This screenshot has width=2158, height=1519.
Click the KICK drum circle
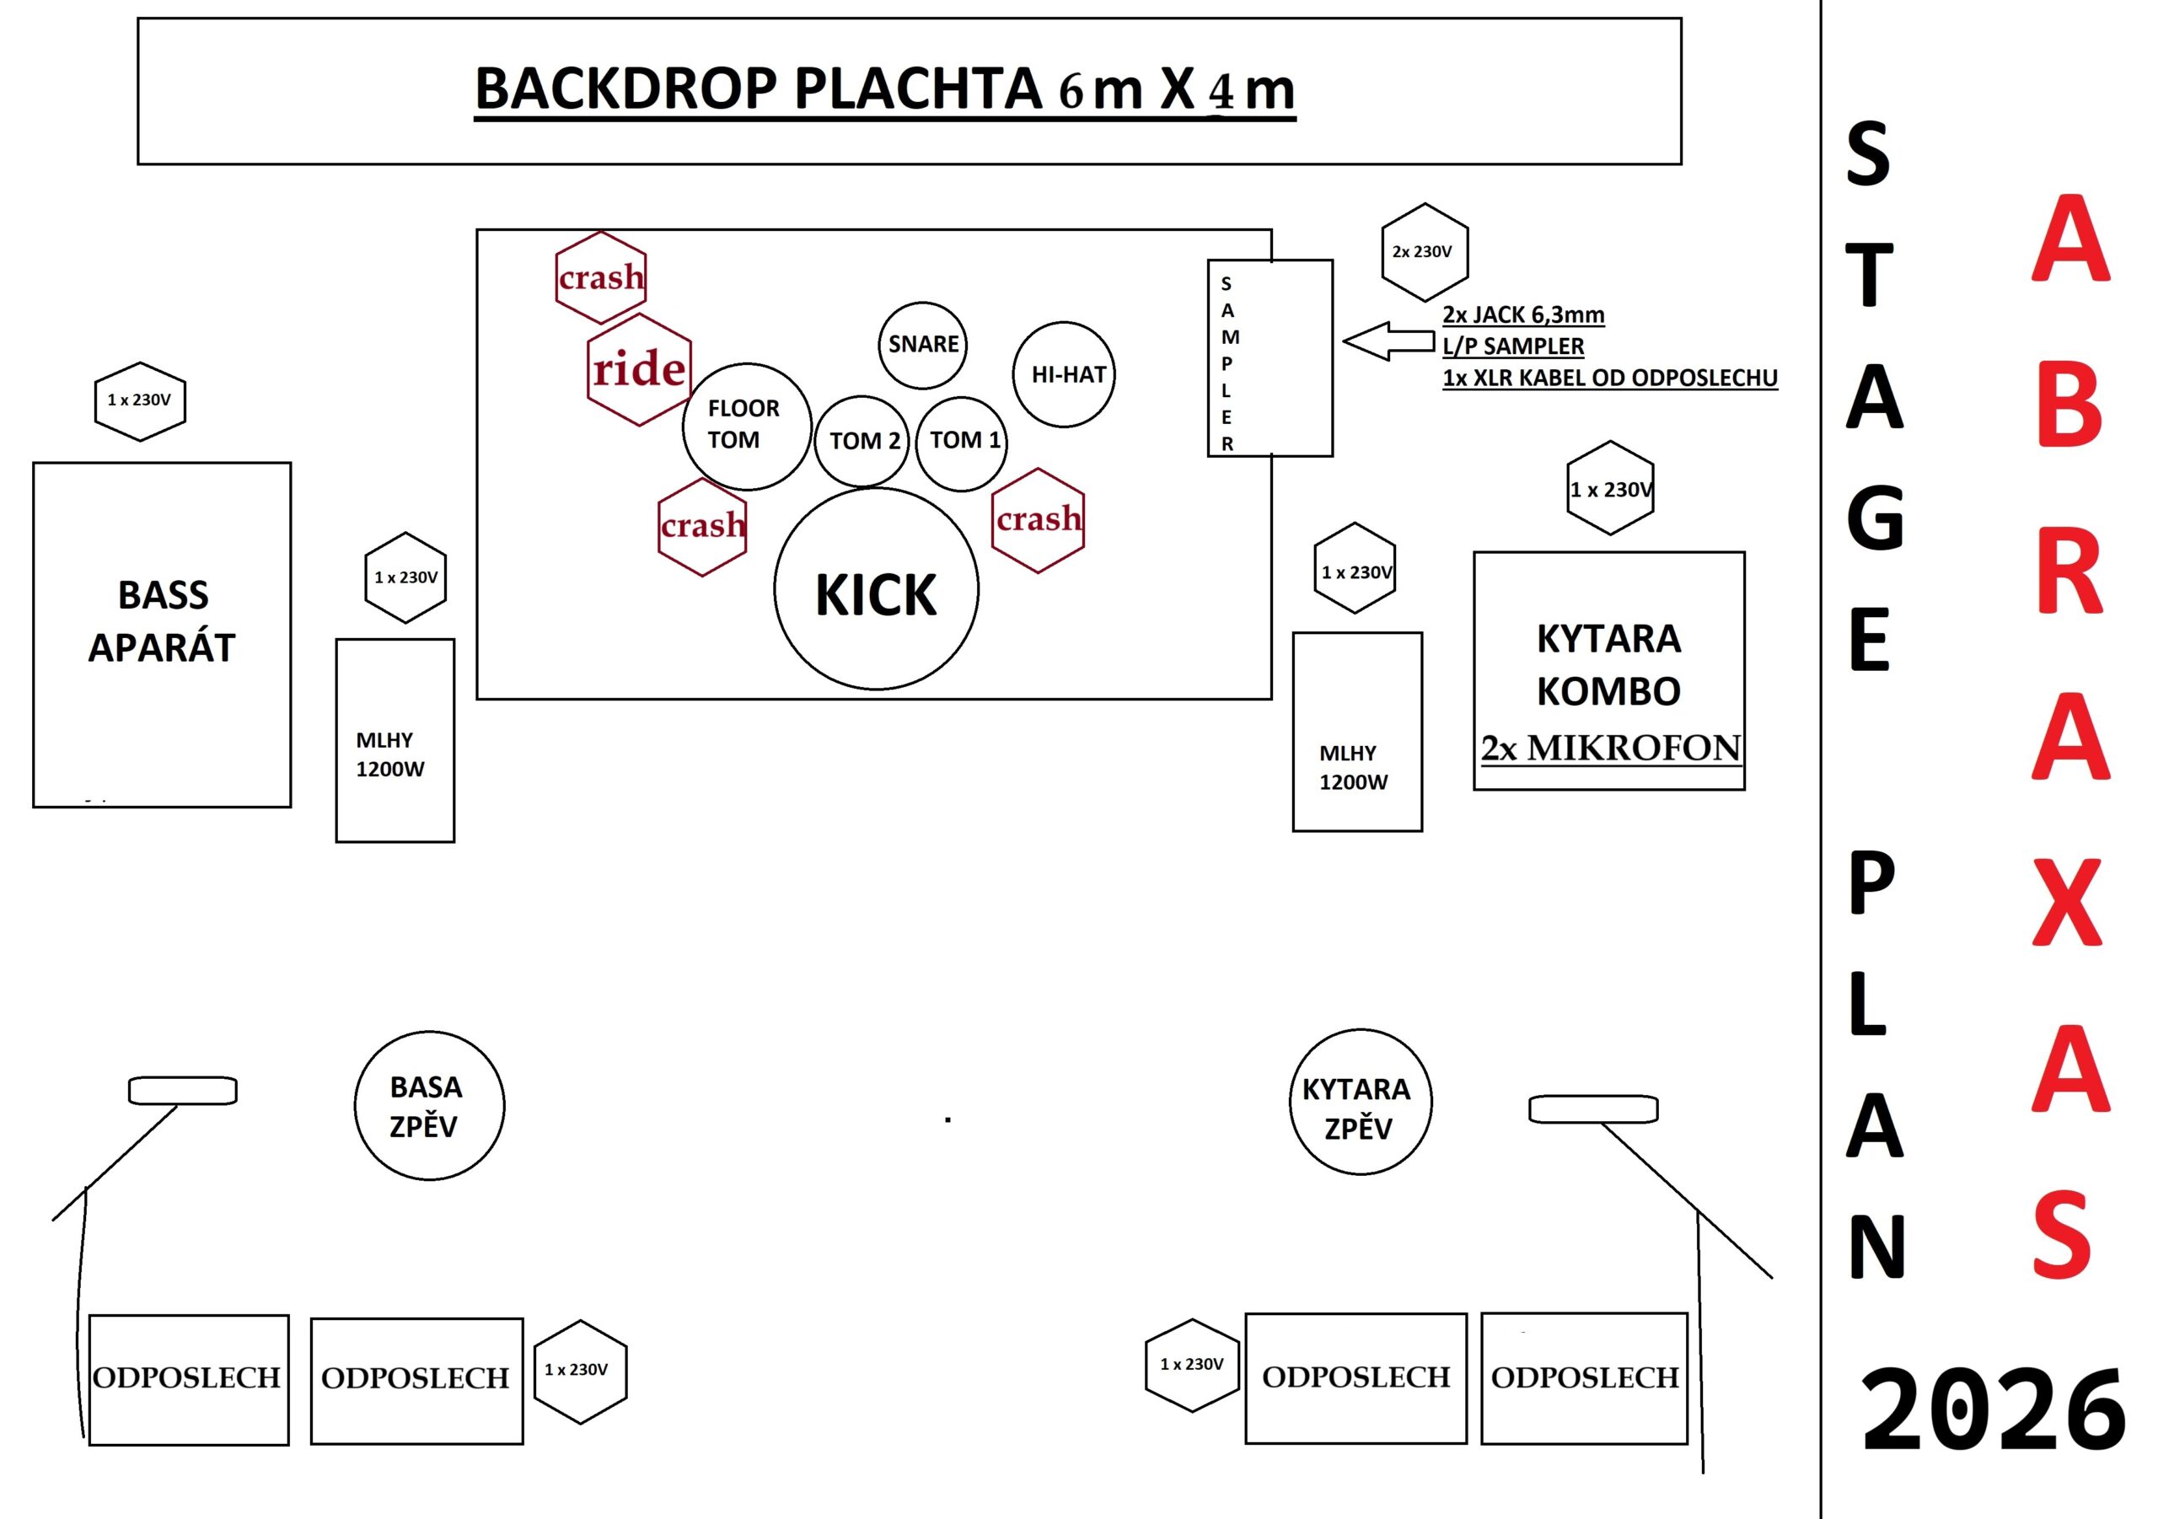tap(876, 589)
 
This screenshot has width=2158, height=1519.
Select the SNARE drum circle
tap(923, 345)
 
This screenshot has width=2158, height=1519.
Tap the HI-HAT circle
tap(1064, 374)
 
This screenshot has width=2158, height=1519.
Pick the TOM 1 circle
tap(963, 442)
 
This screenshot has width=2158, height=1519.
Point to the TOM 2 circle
tap(862, 442)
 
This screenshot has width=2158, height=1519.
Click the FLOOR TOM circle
tap(746, 426)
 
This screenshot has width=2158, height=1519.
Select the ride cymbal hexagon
tap(639, 369)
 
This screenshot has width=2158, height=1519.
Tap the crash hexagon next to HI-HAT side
tap(1038, 520)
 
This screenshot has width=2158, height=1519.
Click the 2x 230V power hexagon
tap(1424, 252)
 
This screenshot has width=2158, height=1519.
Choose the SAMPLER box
tap(1270, 358)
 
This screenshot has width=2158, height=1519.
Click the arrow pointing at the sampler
tap(1388, 341)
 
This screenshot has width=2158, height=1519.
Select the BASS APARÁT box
tap(162, 635)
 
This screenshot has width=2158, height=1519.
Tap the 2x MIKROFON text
tap(1610, 749)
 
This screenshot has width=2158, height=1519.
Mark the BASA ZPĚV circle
tap(428, 1105)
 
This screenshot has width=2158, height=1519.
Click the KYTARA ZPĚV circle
tap(1360, 1102)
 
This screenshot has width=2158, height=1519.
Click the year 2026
tap(1992, 1411)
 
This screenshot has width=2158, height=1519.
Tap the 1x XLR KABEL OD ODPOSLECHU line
tap(1609, 378)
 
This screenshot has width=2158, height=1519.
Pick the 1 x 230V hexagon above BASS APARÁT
tap(140, 401)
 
